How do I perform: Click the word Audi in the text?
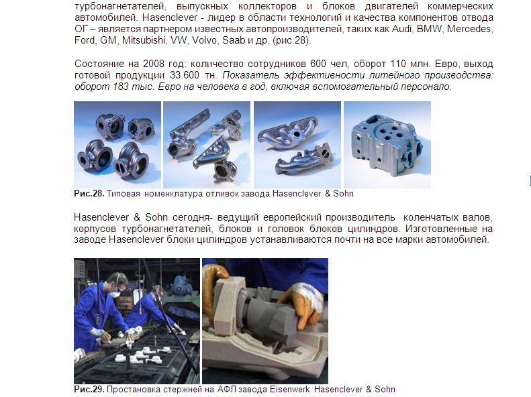tap(401, 29)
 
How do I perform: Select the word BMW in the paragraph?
tap(429, 29)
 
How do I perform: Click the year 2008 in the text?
tap(154, 64)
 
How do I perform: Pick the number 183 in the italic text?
tap(120, 87)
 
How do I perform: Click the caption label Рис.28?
tap(89, 193)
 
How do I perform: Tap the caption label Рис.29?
tap(89, 389)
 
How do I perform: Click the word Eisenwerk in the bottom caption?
tap(289, 389)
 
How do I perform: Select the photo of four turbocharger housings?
tap(117, 145)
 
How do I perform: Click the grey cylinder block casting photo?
tap(387, 145)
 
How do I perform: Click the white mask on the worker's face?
tap(115, 294)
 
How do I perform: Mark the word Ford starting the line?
tap(85, 40)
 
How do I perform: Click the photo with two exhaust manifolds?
tap(297, 145)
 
